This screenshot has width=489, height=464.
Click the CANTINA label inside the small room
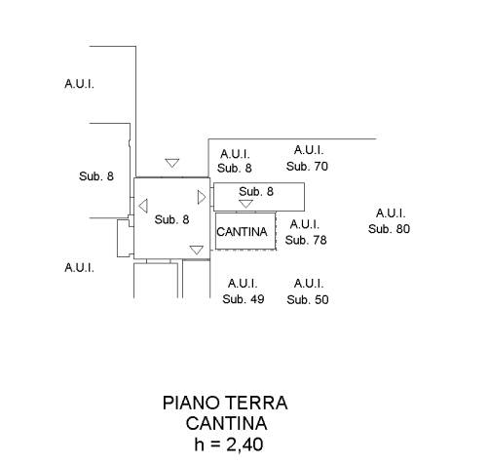242,232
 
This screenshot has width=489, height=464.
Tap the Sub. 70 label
307,167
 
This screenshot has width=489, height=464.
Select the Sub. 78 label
306,240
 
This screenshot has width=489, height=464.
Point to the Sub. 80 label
389,229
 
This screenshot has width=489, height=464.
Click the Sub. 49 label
244,299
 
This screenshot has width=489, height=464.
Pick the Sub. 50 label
308,299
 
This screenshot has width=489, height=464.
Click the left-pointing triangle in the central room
143,206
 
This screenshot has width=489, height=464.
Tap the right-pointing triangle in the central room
202,197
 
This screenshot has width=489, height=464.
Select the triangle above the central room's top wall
172,163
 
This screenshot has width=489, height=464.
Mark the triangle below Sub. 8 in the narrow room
245,204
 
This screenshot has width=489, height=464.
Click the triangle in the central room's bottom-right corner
197,250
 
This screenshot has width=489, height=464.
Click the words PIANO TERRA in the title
225,403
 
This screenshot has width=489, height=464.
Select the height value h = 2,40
229,445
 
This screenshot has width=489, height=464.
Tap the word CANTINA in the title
226,423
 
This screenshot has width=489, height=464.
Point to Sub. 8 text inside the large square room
171,219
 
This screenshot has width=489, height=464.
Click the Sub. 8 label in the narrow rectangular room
256,192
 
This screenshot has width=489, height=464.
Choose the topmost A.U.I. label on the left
79,84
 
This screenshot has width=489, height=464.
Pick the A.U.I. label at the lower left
79,268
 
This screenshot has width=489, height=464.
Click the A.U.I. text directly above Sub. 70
309,150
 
